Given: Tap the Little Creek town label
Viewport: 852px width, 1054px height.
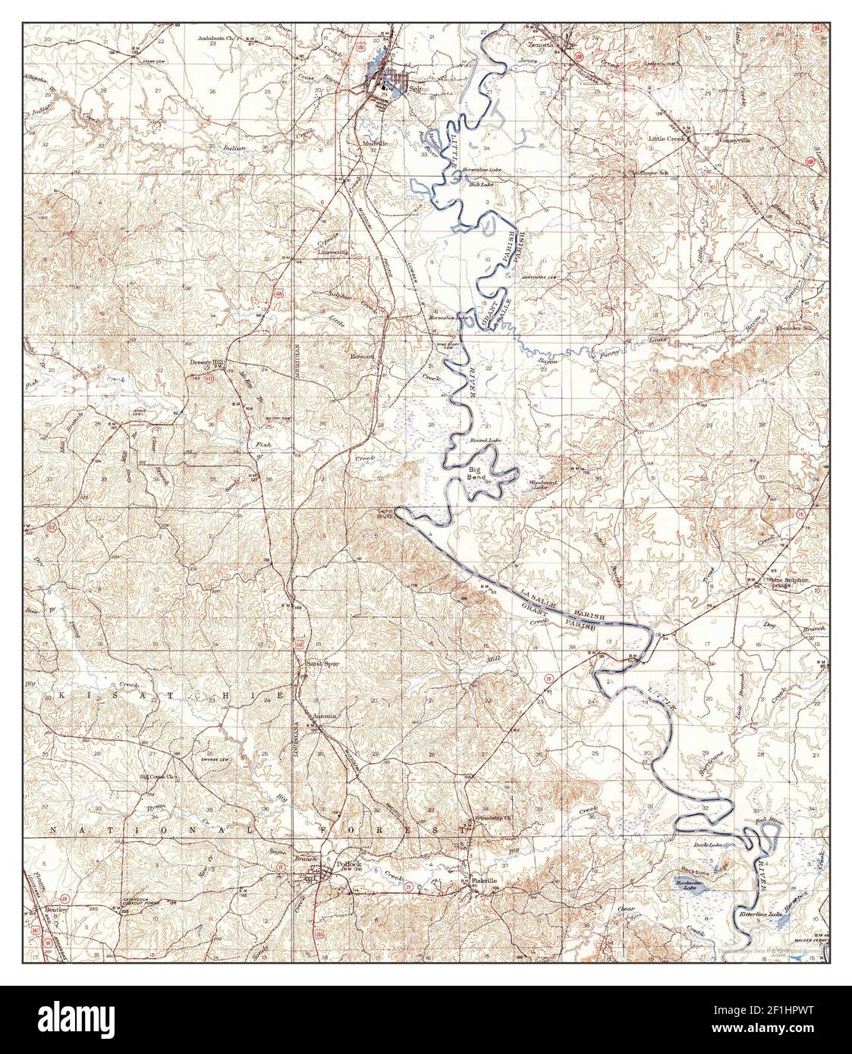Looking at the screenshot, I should [666, 140].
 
